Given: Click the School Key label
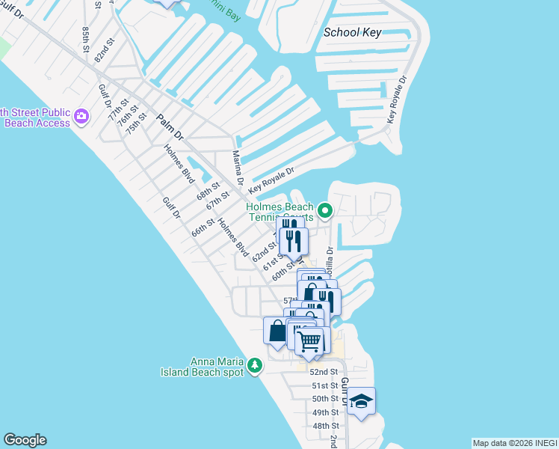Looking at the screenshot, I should pyautogui.click(x=353, y=32).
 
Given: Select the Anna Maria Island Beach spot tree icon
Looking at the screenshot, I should pyautogui.click(x=256, y=365).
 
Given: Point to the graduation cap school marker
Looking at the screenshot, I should pyautogui.click(x=361, y=401).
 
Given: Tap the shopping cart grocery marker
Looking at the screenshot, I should pyautogui.click(x=309, y=340).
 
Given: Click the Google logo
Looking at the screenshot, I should pyautogui.click(x=25, y=440).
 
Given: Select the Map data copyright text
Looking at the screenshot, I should pyautogui.click(x=515, y=443).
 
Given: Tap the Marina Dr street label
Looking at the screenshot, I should pyautogui.click(x=238, y=168).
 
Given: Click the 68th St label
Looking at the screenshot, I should pyautogui.click(x=209, y=191).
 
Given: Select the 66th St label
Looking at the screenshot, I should pyautogui.click(x=203, y=227).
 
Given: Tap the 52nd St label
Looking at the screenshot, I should pyautogui.click(x=324, y=372).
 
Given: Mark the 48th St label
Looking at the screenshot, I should pyautogui.click(x=326, y=426).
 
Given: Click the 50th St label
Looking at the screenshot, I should pyautogui.click(x=325, y=399).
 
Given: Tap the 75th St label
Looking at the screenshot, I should pyautogui.click(x=136, y=123).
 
